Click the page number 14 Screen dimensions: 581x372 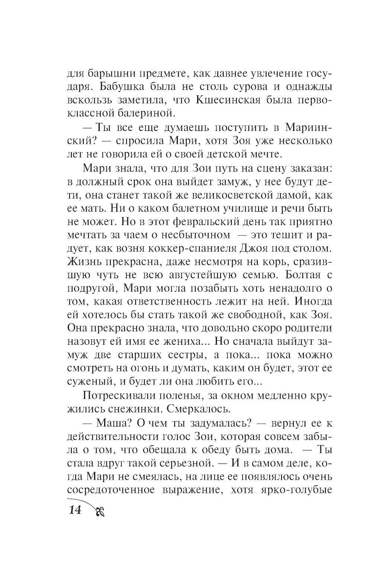coord(74,509)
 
